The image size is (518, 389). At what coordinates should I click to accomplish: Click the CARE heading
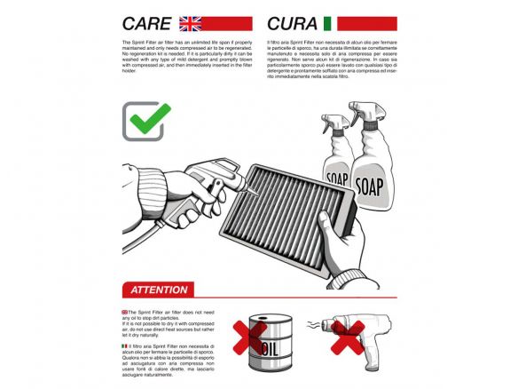coord(146,23)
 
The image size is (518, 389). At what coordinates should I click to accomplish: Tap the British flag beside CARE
coord(190,23)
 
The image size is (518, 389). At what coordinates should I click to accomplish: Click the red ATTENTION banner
coord(159,290)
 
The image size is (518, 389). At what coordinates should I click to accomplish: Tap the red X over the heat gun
coord(347,337)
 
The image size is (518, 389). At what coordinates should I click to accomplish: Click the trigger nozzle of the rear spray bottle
coord(334,123)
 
